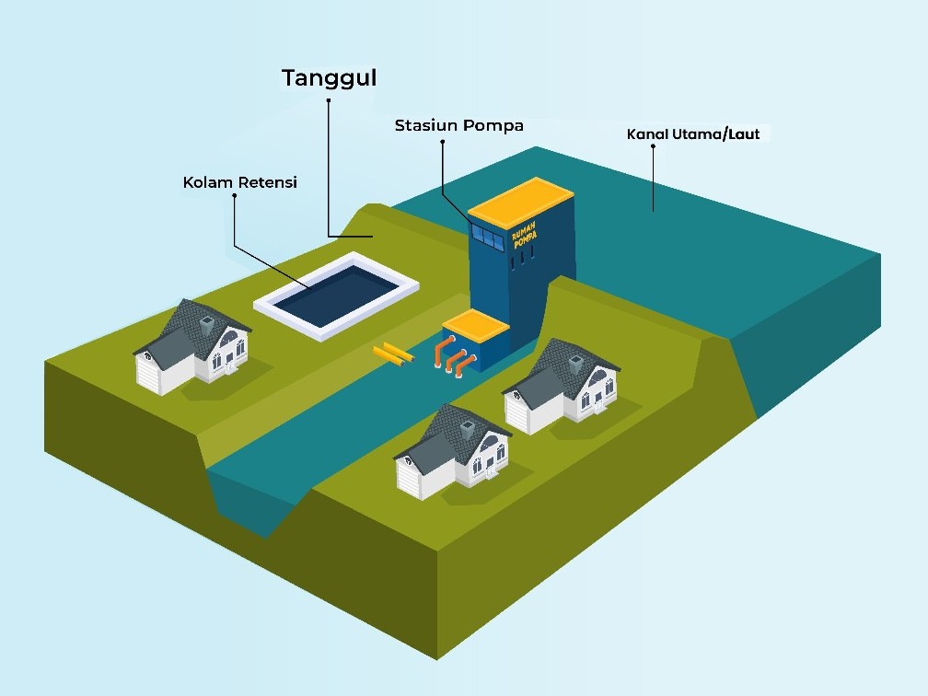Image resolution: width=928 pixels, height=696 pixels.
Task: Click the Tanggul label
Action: pyautogui.click(x=329, y=78)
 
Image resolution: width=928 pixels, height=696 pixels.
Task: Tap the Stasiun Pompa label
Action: pyautogui.click(x=458, y=125)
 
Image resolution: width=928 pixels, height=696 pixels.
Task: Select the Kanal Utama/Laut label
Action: pyautogui.click(x=693, y=134)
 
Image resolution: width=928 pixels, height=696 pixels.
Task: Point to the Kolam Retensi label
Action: pyautogui.click(x=239, y=182)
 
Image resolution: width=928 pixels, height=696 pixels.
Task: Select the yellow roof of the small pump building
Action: pyautogui.click(x=475, y=323)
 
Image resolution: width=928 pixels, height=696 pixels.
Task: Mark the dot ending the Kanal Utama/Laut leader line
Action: pyautogui.click(x=653, y=146)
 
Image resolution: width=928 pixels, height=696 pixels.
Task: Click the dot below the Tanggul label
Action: pyautogui.click(x=329, y=101)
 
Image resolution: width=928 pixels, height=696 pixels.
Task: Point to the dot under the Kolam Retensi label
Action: pyautogui.click(x=234, y=196)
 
